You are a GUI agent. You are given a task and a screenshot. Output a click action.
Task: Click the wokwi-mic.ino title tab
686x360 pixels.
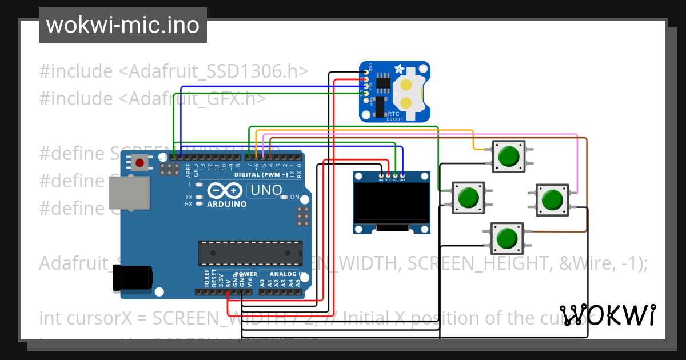click(122, 25)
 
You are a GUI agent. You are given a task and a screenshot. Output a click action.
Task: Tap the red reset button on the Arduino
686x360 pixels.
click(139, 163)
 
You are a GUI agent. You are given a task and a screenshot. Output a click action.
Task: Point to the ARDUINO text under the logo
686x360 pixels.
click(227, 204)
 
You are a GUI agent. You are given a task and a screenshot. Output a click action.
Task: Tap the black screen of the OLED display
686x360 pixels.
click(392, 203)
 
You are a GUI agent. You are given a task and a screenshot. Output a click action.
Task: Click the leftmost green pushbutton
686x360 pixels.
click(468, 198)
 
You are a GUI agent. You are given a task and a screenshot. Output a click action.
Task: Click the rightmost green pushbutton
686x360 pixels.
click(552, 200)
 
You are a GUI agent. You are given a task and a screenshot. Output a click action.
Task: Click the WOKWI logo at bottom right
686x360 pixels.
click(607, 315)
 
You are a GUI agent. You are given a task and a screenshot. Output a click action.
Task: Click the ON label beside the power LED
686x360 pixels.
click(295, 197)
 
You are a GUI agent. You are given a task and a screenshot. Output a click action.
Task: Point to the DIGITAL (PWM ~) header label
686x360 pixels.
click(261, 174)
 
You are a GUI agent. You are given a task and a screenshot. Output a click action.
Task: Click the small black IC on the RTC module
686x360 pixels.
click(384, 82)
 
